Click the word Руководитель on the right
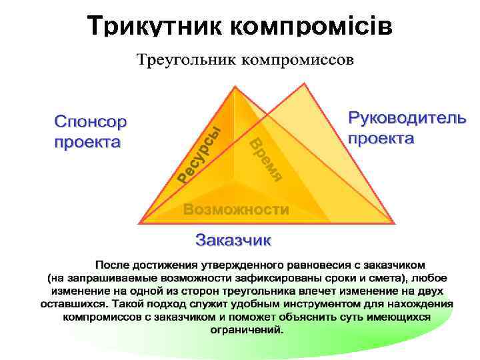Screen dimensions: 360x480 [407, 119]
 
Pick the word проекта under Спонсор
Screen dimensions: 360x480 [87, 141]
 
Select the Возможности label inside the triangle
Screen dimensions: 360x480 [236, 209]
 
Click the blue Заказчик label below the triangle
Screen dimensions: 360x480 [233, 238]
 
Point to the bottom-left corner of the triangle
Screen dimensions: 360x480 [139, 222]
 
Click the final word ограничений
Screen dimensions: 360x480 [247, 329]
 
